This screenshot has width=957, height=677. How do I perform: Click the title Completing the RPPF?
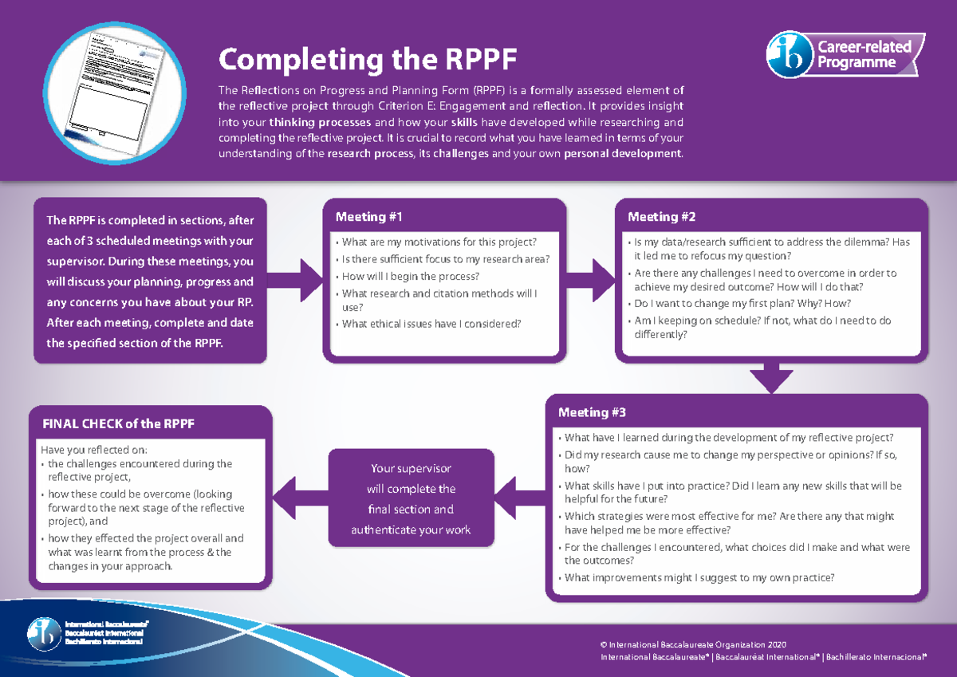368,60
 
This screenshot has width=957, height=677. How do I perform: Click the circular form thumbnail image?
115,90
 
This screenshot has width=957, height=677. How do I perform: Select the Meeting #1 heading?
369,217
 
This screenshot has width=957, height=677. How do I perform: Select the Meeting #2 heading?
662,217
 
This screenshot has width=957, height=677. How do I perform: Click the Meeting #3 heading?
592,412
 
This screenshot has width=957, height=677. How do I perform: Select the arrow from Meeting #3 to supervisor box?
518,498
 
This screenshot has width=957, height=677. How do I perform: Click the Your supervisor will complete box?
411,498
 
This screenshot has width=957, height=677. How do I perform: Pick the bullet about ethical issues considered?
431,324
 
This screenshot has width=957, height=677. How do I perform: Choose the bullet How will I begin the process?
410,276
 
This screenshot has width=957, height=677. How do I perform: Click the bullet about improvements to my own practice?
699,578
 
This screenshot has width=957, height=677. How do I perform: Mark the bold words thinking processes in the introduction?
320,123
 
